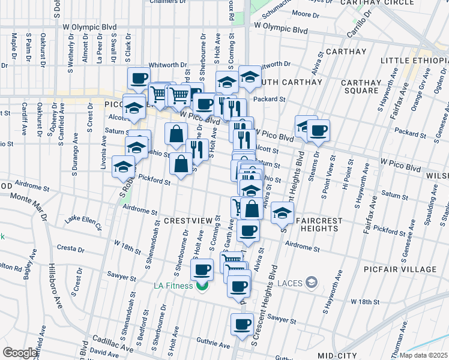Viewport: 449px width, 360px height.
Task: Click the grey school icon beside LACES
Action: pyautogui.click(x=311, y=281)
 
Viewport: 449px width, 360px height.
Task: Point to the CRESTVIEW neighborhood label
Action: pyautogui.click(x=188, y=221)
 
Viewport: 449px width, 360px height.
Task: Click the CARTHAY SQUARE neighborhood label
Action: pyautogui.click(x=361, y=86)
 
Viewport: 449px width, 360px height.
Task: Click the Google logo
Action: pyautogui.click(x=20, y=353)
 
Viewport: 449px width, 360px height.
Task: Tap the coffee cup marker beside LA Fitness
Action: pyautogui.click(x=202, y=268)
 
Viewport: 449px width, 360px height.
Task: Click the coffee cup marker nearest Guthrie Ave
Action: pyautogui.click(x=243, y=325)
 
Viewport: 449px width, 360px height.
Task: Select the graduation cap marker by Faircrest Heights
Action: pyautogui.click(x=282, y=212)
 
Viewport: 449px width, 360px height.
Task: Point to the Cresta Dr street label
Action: pyautogui.click(x=71, y=247)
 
